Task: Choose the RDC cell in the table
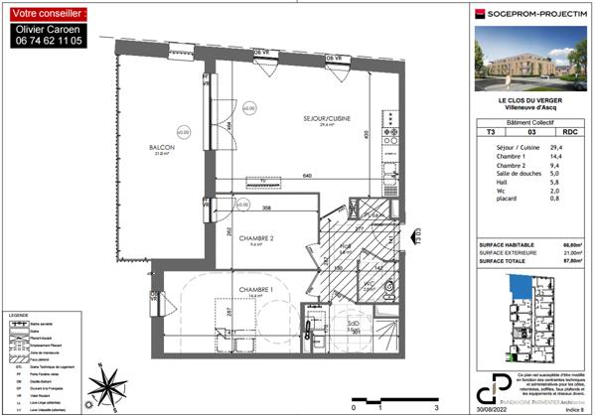569,131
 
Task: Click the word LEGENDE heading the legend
19,316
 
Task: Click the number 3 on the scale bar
437,407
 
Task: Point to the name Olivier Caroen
49,31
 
